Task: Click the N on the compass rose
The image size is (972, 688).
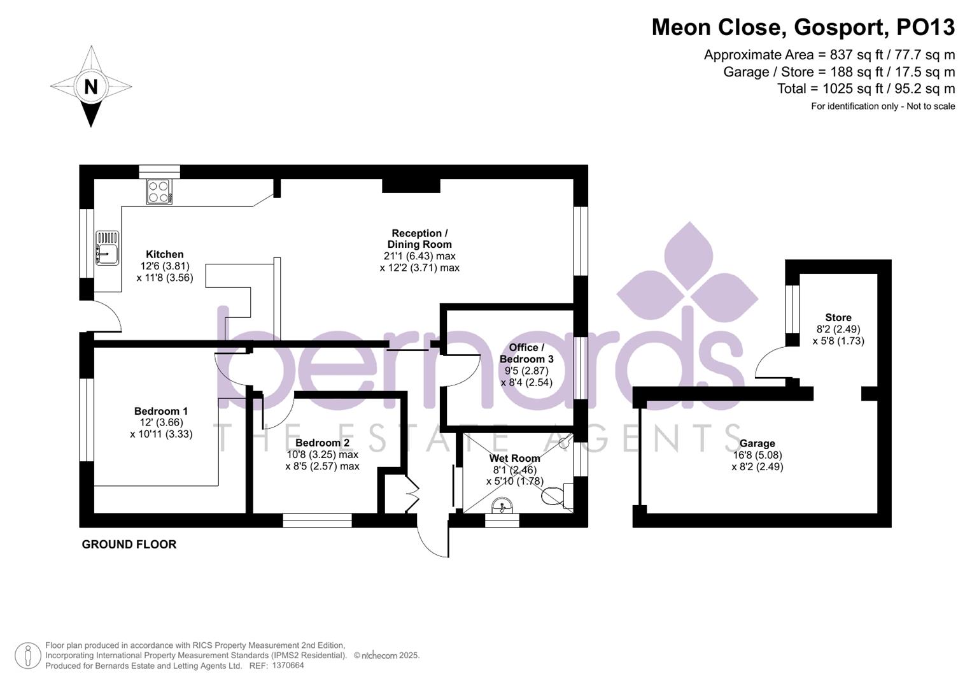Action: point(91,87)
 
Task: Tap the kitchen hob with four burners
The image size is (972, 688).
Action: point(159,192)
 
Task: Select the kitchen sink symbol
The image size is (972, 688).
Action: point(107,248)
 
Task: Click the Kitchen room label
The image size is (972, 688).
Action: point(164,254)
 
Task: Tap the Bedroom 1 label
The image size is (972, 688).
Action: point(160,411)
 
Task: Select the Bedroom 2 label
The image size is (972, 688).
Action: point(322,443)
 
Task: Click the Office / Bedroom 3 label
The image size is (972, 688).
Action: point(526,353)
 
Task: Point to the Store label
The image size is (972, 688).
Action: point(838,317)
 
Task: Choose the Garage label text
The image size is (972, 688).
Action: point(757,443)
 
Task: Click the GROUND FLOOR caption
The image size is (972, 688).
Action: point(129,544)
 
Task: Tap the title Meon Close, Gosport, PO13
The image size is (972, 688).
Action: point(803,27)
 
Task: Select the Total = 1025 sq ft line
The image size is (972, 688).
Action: point(866,89)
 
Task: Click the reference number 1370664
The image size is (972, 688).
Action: point(288,666)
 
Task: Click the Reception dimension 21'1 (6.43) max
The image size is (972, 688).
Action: point(419,256)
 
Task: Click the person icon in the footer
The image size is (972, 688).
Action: point(27,656)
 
